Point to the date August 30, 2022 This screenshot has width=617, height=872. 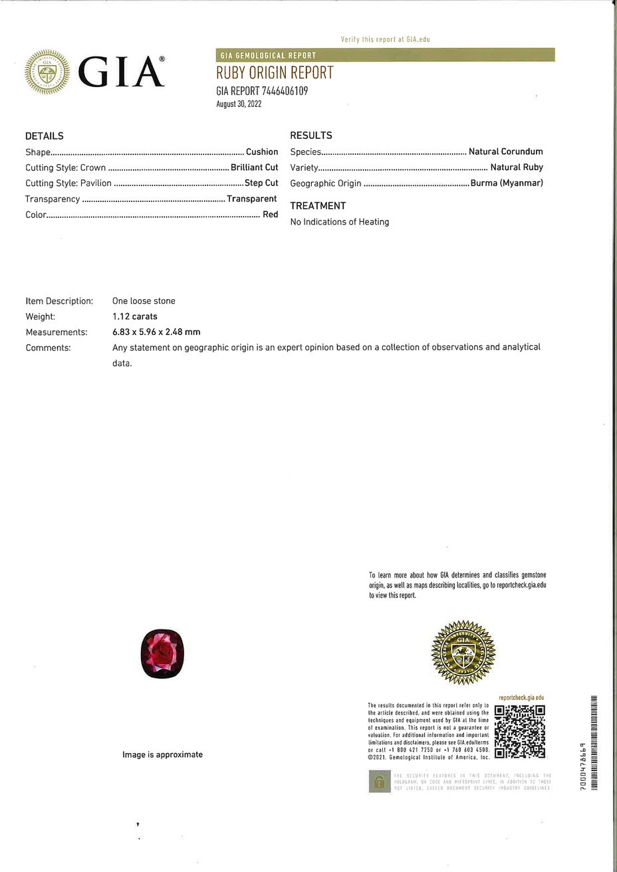click(239, 104)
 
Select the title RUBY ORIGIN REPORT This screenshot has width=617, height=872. click(275, 73)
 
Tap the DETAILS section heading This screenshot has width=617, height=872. click(45, 136)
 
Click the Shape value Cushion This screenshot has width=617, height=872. click(262, 152)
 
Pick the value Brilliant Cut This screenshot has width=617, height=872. click(254, 167)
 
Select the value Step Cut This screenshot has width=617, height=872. click(261, 183)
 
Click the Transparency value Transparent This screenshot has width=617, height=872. click(251, 199)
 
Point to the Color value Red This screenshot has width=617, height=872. click(270, 215)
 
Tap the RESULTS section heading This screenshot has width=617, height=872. click(311, 136)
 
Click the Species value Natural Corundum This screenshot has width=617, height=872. click(505, 152)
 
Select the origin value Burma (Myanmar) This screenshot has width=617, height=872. click(507, 183)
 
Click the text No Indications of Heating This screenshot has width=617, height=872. click(340, 222)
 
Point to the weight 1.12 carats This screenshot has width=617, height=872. click(135, 316)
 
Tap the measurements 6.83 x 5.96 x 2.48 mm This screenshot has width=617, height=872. click(156, 332)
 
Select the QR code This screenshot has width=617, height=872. click(520, 731)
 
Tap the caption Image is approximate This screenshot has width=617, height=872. click(162, 754)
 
